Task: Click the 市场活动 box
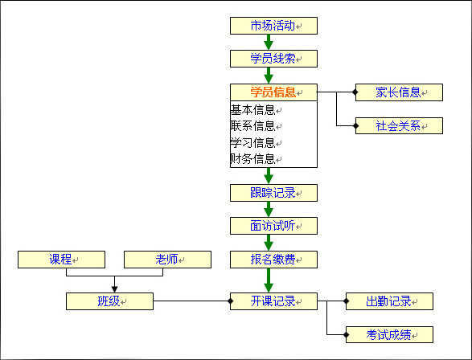[273, 26]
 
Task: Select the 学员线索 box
[273, 59]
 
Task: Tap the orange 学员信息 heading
[273, 92]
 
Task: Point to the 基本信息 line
[253, 110]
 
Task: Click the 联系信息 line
[253, 126]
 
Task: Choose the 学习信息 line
[253, 143]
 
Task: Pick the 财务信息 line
[253, 158]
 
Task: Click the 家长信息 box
[399, 92]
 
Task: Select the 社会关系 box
[399, 126]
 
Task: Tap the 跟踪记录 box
[273, 193]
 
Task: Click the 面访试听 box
[273, 226]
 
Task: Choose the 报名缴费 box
[273, 260]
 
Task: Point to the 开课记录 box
[273, 302]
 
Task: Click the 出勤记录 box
[389, 302]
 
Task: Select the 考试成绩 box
[389, 334]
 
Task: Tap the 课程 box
[61, 260]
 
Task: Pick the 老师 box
[167, 260]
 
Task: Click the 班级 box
[109, 302]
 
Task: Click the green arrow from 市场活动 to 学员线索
[269, 43]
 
